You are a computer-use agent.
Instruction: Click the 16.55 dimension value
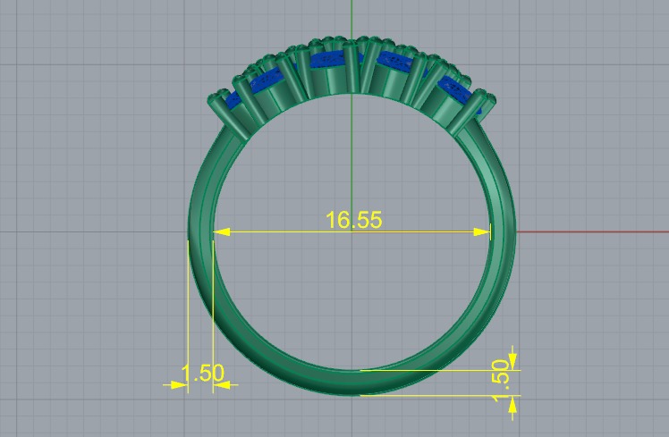(353, 220)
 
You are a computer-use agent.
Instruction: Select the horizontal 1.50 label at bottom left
(202, 374)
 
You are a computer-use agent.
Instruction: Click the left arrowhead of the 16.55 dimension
(220, 232)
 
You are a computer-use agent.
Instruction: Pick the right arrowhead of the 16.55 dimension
(484, 232)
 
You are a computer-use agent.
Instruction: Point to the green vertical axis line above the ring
(352, 18)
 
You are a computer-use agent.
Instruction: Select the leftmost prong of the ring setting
(219, 106)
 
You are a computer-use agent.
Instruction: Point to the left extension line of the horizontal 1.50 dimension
(188, 313)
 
